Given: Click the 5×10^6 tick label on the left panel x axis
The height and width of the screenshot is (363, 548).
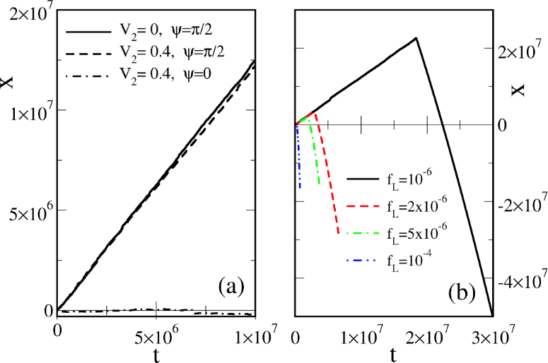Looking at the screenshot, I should pyautogui.click(x=155, y=331).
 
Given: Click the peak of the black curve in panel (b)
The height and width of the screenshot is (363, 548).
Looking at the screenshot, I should pyautogui.click(x=416, y=38).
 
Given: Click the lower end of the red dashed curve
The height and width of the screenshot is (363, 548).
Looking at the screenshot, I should pyautogui.click(x=338, y=234).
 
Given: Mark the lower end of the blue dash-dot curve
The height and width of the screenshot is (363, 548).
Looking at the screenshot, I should pyautogui.click(x=300, y=189).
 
